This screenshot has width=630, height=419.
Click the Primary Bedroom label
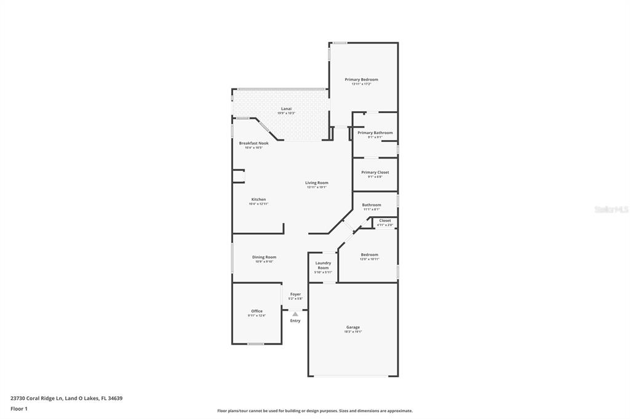click(361, 79)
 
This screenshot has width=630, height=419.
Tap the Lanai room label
click(286, 109)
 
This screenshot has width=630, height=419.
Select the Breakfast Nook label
click(253, 143)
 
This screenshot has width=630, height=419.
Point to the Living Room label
click(317, 182)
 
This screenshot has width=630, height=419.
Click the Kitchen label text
click(258, 199)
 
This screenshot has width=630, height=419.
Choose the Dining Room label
click(264, 257)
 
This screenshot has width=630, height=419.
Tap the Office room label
click(257, 311)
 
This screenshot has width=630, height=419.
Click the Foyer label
click(295, 294)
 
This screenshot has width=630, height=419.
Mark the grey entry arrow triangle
click(295, 314)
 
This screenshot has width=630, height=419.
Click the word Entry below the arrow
click(295, 321)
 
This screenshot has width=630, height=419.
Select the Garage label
click(353, 327)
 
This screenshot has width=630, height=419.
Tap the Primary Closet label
click(375, 173)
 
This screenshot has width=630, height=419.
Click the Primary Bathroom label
click(375, 133)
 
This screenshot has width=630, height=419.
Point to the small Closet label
click(385, 221)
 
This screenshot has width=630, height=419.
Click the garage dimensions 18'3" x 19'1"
click(353, 332)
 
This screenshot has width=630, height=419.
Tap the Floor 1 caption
click(20, 409)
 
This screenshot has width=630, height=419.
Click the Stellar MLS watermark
click(611, 209)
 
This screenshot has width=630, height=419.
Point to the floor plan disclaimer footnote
click(314, 411)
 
